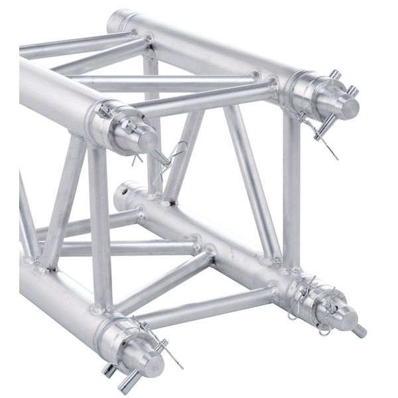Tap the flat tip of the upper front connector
149,141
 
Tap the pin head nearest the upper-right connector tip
353,90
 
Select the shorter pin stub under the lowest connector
107,369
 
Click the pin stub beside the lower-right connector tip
359,330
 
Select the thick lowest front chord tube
53,292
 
